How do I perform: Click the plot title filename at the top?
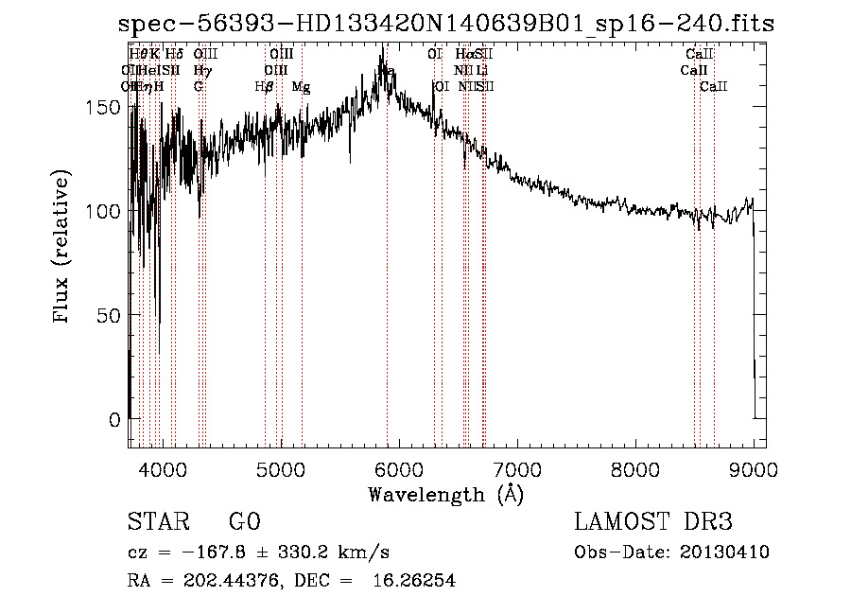point(445,24)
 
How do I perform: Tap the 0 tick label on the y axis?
point(115,419)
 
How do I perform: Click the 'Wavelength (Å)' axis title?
point(445,494)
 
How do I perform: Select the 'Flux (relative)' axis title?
point(63,248)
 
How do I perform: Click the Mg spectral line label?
point(301,87)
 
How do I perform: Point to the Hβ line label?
point(264,87)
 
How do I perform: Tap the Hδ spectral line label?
point(174,55)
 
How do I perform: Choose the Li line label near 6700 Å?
point(482,71)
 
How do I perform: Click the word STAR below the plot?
point(157,522)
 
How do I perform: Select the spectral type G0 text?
point(245,522)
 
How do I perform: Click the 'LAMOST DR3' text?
point(652,522)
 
